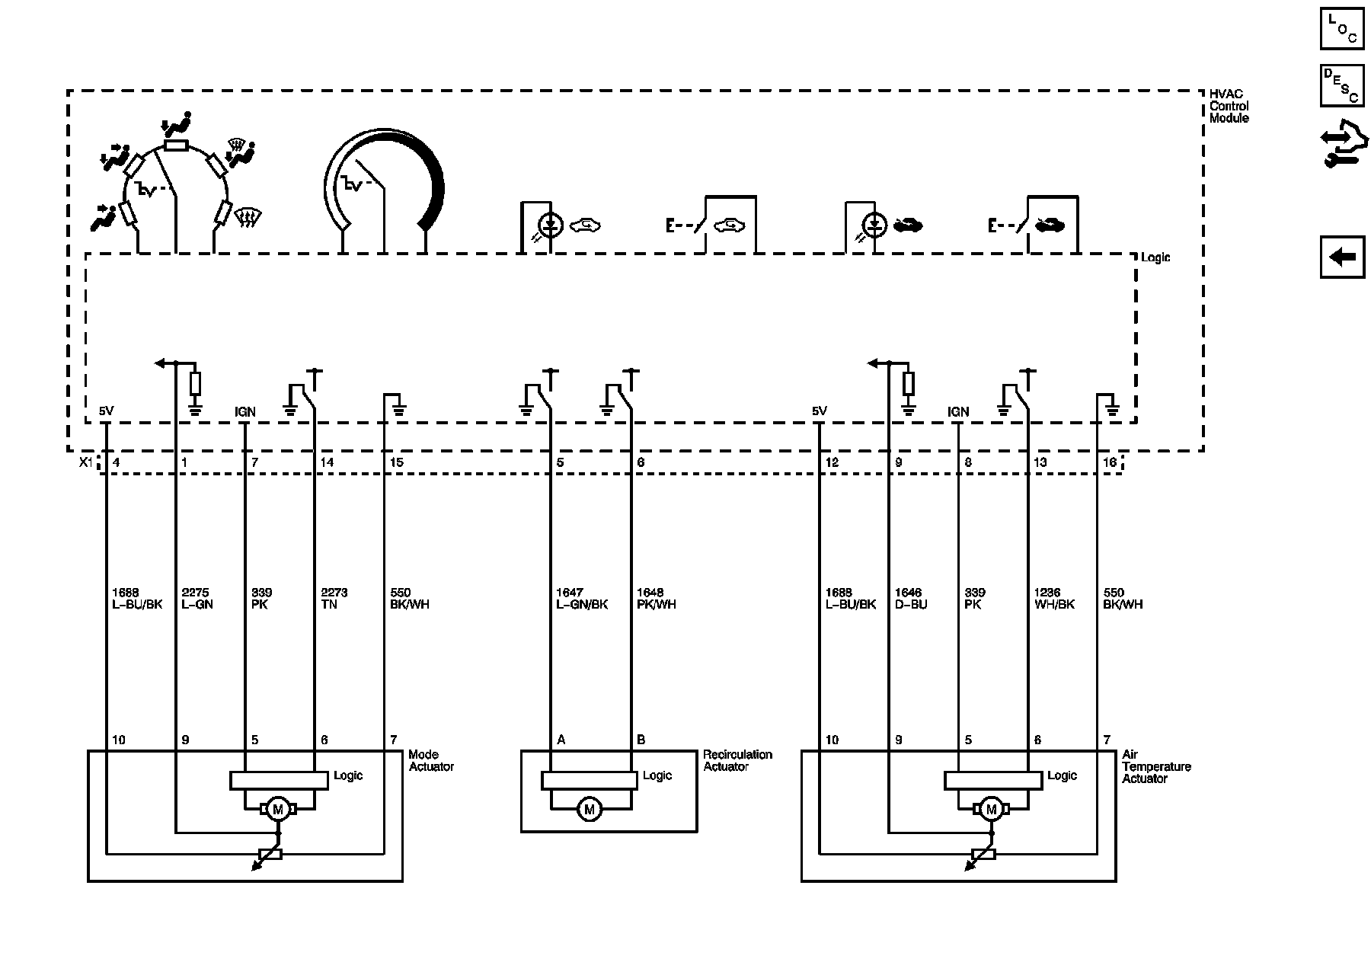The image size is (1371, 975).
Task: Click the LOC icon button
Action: coord(1341,28)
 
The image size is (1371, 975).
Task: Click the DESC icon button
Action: coord(1341,85)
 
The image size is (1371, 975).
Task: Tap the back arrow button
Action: coord(1341,257)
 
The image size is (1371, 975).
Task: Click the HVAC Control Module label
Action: coord(1229,106)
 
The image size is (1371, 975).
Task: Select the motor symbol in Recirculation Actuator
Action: coord(589,809)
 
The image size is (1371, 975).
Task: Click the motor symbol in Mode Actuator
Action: coord(277,810)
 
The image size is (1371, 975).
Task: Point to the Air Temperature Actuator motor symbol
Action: coord(991,810)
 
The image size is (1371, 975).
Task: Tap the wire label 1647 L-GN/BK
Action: coord(582,598)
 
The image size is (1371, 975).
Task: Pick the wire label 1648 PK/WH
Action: coord(656,598)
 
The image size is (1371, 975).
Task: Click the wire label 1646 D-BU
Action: coord(911,598)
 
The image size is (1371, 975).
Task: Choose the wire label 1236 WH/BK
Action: coord(1054,598)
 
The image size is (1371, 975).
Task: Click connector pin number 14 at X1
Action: coord(327,462)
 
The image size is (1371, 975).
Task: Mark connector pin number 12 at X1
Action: coord(831,462)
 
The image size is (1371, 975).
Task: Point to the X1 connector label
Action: coord(86,462)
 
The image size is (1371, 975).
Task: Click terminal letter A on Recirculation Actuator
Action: coord(561,740)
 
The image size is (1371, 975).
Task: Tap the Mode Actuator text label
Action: coord(430,760)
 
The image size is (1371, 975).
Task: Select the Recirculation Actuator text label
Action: coord(737,760)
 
